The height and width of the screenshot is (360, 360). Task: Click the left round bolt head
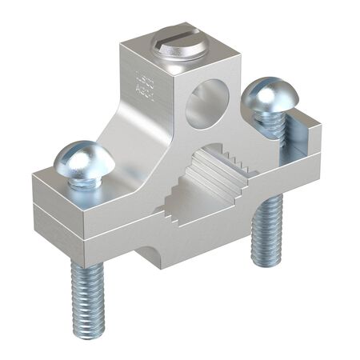pyautogui.click(x=84, y=159)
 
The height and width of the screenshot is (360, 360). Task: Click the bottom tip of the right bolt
pyautogui.click(x=265, y=260)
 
